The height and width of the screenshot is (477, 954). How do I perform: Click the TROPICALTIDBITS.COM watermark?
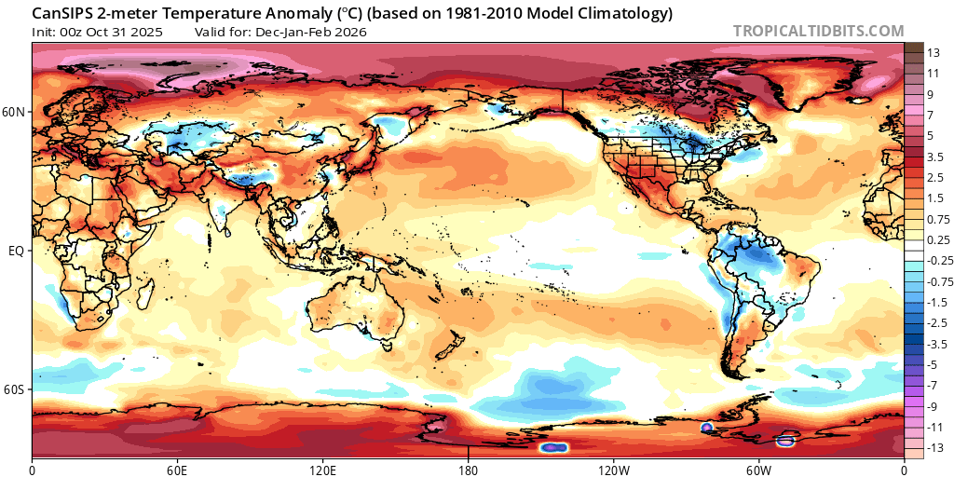818,31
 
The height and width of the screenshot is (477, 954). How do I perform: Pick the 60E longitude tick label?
178,468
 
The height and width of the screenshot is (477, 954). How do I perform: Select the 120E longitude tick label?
323,468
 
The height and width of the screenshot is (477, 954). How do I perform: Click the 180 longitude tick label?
469,468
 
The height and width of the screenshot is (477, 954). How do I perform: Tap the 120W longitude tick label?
614,468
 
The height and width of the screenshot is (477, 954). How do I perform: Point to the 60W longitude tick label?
759,468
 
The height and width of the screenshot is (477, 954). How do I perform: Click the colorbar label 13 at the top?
934,55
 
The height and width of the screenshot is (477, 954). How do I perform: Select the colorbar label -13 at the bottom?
935,448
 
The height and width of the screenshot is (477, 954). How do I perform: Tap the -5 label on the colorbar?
934,364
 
